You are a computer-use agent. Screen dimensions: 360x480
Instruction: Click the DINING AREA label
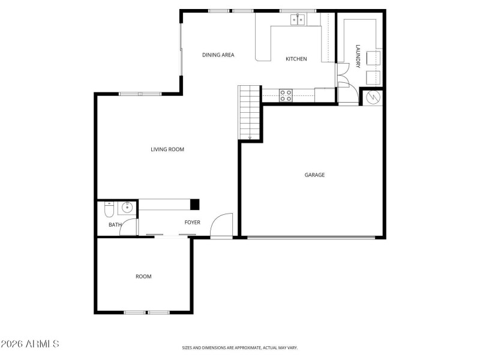218,55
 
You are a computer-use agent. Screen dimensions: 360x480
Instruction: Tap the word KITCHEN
296,59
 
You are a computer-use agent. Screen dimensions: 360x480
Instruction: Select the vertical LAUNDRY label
358,56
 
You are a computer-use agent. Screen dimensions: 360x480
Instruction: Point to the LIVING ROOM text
167,149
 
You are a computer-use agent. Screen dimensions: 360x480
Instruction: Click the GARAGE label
314,175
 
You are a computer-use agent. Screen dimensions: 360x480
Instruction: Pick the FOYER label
192,223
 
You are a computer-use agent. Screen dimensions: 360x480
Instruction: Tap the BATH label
115,225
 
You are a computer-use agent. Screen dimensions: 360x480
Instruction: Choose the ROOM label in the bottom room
143,277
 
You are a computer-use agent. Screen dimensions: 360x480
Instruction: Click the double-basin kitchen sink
298,20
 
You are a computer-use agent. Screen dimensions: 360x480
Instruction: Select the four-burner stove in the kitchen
286,95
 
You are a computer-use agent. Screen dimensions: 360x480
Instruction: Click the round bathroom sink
127,208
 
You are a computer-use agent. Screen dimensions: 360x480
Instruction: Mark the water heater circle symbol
371,97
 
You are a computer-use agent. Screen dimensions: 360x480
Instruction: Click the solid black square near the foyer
195,205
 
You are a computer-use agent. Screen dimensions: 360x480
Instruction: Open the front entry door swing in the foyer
222,226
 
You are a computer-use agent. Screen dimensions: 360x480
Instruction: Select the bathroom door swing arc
128,227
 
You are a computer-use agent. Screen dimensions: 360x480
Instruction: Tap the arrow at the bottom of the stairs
249,138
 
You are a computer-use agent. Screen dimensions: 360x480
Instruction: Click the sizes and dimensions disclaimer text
240,347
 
